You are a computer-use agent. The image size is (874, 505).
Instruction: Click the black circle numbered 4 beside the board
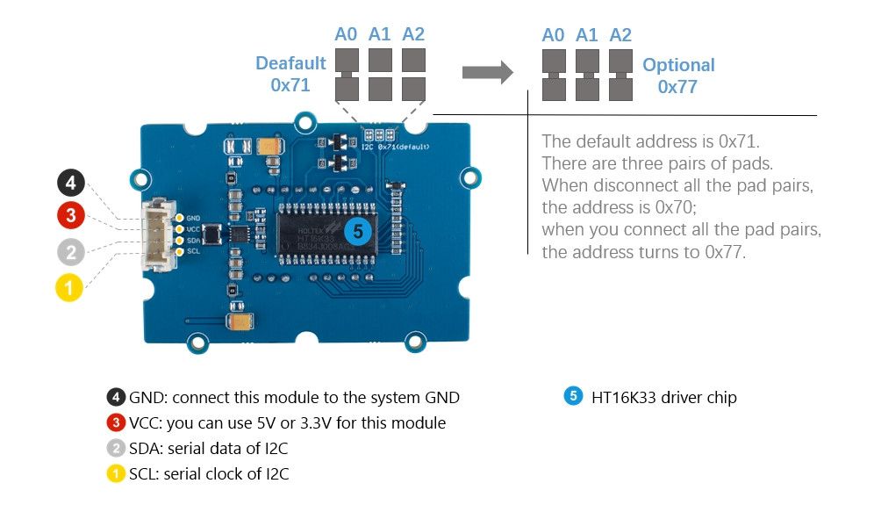coord(71,184)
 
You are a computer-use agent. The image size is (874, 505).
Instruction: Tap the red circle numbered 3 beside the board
coord(71,216)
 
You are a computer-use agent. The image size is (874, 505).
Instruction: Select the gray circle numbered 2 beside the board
coord(71,253)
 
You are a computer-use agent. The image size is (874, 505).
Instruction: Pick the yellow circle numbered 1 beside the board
coord(70,287)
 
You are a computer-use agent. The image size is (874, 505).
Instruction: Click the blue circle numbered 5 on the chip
coord(356,232)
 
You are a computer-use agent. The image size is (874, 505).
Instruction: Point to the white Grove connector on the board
coord(159,234)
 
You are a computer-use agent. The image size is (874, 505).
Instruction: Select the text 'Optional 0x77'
coord(678,76)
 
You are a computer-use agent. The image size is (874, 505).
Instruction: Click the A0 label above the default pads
coord(347,34)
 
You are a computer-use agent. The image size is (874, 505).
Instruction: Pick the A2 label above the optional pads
coord(620,35)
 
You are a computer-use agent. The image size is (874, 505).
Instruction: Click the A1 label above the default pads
coord(380,34)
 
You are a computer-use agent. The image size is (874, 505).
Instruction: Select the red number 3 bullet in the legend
coord(117,422)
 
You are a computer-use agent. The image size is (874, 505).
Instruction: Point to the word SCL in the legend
coord(145,474)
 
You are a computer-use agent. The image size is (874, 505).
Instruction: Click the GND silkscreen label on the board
coord(193,218)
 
